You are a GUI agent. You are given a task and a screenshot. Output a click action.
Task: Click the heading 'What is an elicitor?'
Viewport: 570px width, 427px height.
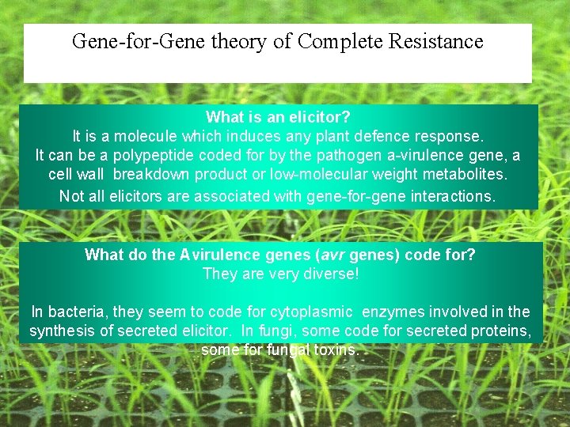(x=278, y=117)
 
